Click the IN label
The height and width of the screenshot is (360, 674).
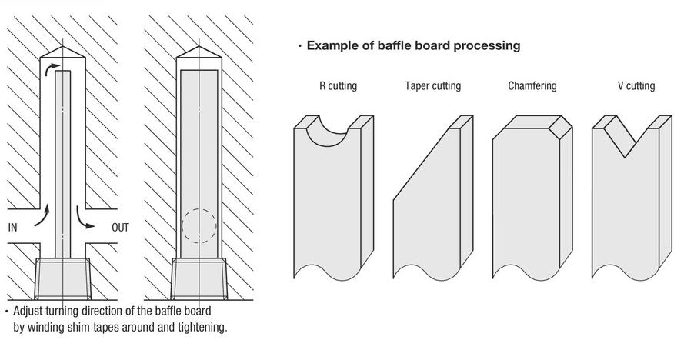(x=12, y=227)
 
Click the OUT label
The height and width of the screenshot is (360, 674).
(x=121, y=227)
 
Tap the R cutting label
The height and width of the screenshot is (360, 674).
(x=338, y=85)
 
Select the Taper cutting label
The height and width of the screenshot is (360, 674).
(x=432, y=85)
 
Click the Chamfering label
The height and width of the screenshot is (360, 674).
(x=532, y=85)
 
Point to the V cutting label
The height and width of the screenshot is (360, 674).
(x=636, y=85)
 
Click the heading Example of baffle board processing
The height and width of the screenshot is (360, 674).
(x=413, y=45)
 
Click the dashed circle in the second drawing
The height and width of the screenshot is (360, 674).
(x=199, y=226)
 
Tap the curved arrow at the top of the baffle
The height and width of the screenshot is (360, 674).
(x=52, y=71)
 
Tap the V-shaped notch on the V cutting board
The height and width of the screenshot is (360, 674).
(x=624, y=138)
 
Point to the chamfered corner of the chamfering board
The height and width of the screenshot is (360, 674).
(x=562, y=131)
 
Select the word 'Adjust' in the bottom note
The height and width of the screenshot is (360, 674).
(x=30, y=312)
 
